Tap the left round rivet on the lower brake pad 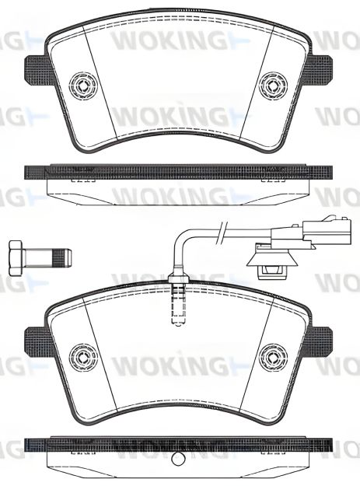click(x=81, y=356)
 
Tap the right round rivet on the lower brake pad click(x=272, y=356)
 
